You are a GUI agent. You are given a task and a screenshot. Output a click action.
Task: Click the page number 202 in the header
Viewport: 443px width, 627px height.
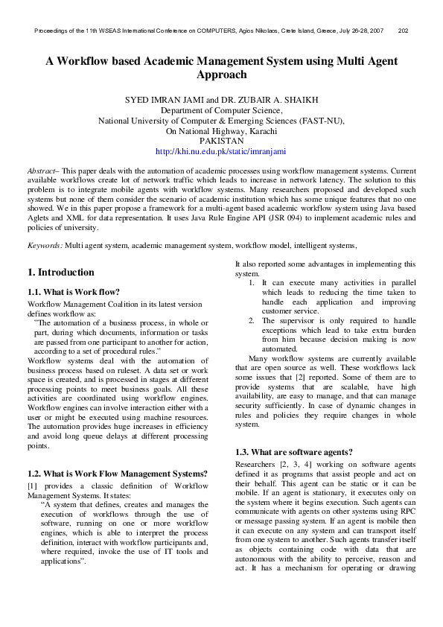tap(403, 31)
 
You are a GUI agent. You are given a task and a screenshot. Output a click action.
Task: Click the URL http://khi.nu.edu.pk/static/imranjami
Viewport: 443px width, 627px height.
tap(220, 150)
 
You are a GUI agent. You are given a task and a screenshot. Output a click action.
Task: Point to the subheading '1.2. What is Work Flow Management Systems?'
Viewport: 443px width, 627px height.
tap(116, 474)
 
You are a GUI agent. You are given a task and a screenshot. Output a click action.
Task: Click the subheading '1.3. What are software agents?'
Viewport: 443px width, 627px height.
tap(293, 452)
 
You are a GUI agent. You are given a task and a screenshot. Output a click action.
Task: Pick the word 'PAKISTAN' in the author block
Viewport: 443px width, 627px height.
tap(221, 140)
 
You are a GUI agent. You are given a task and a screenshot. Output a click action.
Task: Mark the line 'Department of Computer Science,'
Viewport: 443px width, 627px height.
tap(221, 109)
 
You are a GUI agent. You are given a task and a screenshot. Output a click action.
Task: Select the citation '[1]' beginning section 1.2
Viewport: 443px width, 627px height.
tap(32, 486)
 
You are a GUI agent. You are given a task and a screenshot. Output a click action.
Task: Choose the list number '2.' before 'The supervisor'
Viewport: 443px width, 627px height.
tap(252, 320)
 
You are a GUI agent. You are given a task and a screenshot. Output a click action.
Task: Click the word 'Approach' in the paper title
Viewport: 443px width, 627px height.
tap(221, 75)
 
